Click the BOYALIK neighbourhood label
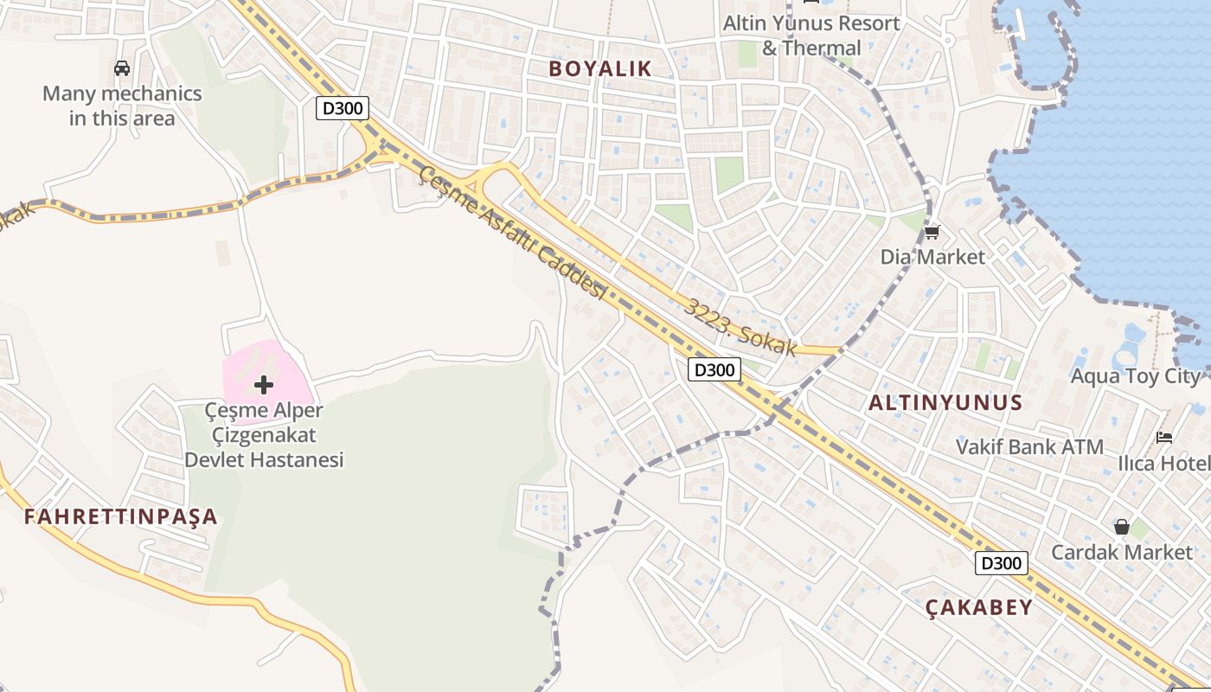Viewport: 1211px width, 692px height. point(600,69)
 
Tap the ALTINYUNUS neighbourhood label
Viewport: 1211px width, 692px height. point(945,402)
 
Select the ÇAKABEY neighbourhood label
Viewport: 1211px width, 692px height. point(979,607)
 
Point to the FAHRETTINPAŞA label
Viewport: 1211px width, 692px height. point(120,517)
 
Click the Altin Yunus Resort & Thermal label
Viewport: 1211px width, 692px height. point(811,35)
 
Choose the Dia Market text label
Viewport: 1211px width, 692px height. point(932,257)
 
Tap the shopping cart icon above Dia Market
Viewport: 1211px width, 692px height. point(932,232)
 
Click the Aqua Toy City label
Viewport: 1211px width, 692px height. point(1136,376)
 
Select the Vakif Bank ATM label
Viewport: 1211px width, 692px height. point(1029,447)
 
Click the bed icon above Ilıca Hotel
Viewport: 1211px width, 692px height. point(1164,438)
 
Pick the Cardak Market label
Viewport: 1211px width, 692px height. point(1121,552)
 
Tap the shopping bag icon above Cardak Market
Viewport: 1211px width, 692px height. point(1121,527)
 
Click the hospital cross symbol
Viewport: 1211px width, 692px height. point(264,385)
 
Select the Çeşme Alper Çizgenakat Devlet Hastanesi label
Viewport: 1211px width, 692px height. point(264,435)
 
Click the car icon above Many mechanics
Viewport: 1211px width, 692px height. point(122,68)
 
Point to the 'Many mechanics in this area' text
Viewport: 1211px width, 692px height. point(122,106)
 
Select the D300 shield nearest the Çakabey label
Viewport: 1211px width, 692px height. point(1002,563)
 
